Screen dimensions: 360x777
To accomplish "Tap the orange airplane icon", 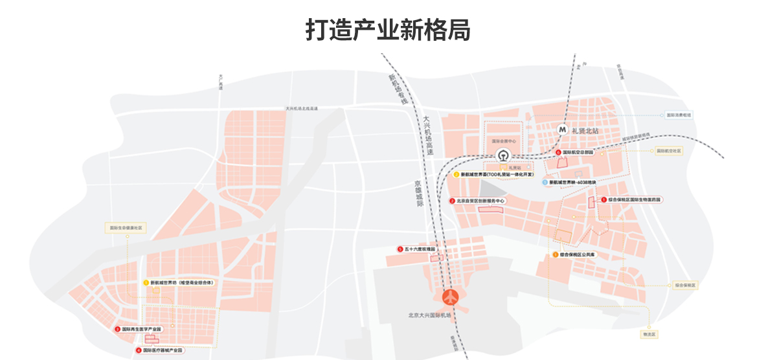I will tap(451, 298).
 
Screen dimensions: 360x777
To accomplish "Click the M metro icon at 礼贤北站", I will tap(563, 129).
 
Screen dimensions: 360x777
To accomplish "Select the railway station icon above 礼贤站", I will tap(502, 155).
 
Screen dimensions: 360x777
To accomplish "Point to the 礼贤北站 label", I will tap(587, 130).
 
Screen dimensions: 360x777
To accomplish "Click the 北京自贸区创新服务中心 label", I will tap(480, 201).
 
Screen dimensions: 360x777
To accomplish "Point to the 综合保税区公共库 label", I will tap(578, 255).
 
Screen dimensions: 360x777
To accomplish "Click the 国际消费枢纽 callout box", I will tap(679, 115).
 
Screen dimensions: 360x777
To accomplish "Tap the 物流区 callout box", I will tap(648, 334).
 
